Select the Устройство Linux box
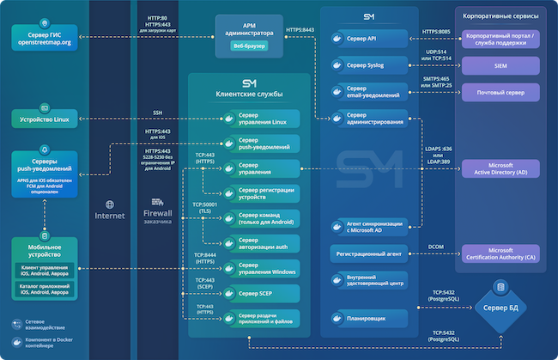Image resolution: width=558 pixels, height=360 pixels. pos(48,119)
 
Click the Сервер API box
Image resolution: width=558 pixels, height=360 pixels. pos(371,39)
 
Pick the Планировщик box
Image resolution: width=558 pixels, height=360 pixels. pos(371,318)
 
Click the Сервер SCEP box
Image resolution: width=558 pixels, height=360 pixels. pos(258,295)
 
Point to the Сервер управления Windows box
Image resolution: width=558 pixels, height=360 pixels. pos(258,268)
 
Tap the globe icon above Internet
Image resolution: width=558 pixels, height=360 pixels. pos(110,204)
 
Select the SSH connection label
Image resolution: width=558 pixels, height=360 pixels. pos(158,113)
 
